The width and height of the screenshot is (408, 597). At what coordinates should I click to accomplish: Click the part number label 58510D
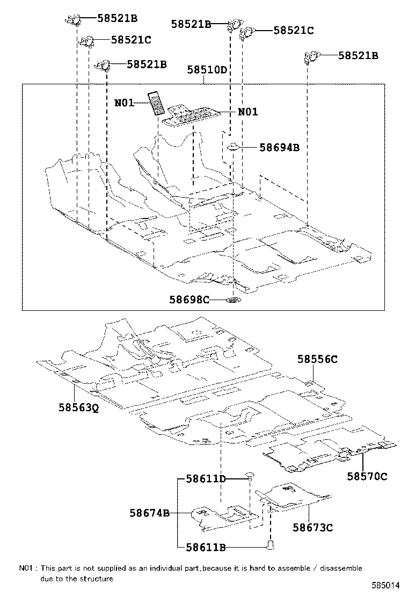(x=207, y=70)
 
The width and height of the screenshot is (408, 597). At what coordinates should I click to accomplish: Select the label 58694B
(x=272, y=147)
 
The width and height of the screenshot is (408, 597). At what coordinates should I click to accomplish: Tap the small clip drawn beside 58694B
(x=234, y=147)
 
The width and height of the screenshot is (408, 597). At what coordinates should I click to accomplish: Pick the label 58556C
(x=317, y=360)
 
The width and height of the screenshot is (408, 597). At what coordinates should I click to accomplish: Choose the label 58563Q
(x=79, y=407)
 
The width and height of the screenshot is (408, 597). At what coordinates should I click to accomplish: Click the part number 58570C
(x=367, y=476)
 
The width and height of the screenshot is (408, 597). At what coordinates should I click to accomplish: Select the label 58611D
(x=206, y=478)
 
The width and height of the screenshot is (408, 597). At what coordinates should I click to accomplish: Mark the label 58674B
(x=149, y=513)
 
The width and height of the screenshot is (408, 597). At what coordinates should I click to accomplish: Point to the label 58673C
(x=312, y=528)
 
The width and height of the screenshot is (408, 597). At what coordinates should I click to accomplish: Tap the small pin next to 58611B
(x=271, y=546)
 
